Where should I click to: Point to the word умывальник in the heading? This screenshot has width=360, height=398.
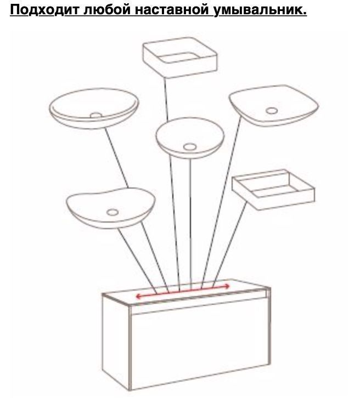click(258, 10)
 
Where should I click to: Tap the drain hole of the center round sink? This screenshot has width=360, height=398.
click(189, 147)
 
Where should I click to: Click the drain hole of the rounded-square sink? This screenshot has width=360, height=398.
click(272, 111)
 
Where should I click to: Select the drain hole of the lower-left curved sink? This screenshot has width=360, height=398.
click(113, 212)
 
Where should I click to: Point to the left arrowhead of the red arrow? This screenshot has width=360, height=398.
click(138, 296)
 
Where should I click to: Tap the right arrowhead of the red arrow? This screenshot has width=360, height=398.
click(227, 286)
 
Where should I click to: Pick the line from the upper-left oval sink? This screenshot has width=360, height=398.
click(117, 158)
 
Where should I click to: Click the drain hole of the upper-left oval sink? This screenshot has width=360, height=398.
click(96, 115)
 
